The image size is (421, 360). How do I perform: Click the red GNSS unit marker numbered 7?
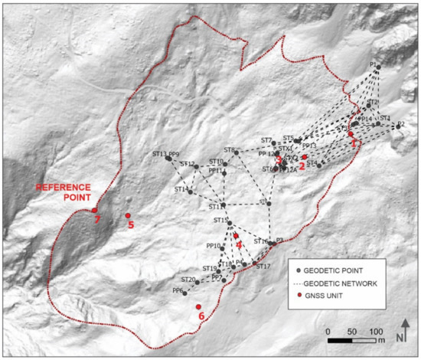94,210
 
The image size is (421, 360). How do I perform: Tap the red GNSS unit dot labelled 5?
128,215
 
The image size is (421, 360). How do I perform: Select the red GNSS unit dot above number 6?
198,306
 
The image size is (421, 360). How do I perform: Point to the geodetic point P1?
379,70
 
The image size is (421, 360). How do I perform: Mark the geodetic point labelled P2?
396,128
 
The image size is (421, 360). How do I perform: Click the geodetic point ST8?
237,152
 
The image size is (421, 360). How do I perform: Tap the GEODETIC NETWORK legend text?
341,283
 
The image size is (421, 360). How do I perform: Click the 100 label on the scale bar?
377,331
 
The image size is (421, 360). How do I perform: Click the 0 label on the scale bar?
328,331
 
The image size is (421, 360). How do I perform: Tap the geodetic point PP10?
223,248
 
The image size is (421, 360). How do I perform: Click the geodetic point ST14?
189,190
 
